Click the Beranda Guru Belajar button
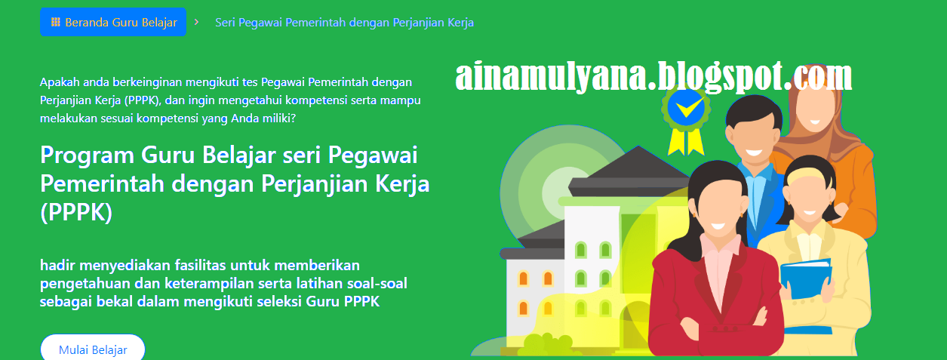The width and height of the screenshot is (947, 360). click(x=113, y=22)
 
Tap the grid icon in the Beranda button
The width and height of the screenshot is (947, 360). click(x=55, y=22)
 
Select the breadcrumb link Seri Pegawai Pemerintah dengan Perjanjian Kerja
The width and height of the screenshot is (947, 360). click(x=344, y=22)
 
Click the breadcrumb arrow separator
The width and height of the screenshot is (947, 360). click(x=196, y=22)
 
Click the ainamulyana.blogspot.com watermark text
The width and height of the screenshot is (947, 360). click(x=653, y=77)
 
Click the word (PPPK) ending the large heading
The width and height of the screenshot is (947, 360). click(x=76, y=213)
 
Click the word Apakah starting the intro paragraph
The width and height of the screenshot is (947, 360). click(x=59, y=82)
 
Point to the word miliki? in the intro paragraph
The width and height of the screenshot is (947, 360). click(x=278, y=118)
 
